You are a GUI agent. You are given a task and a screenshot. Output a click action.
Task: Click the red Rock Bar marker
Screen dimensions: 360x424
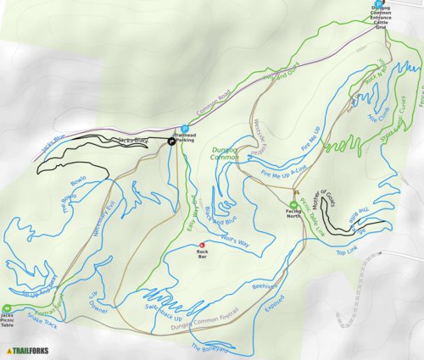coord(202,246)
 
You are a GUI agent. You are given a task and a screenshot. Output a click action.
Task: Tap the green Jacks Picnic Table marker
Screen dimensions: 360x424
coord(8,307)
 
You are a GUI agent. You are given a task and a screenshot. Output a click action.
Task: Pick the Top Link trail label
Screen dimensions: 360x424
coord(348,252)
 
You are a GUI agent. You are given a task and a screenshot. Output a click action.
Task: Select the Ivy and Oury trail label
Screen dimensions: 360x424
coord(283,73)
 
